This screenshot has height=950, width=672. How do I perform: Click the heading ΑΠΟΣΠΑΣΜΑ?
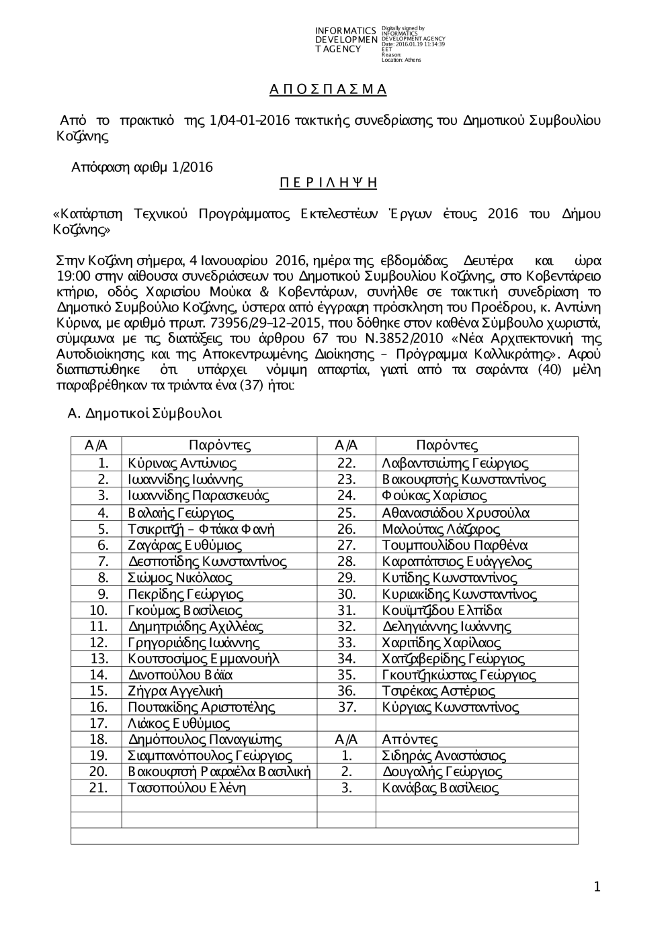click(x=328, y=89)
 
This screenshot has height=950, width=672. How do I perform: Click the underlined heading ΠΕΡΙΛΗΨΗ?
click(x=328, y=183)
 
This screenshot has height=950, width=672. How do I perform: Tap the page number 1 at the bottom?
click(x=597, y=888)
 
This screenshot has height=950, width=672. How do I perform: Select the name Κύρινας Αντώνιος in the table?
click(x=182, y=463)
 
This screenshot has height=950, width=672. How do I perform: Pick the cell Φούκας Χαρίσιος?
click(x=434, y=496)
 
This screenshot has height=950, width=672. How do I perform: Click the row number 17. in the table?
click(x=98, y=724)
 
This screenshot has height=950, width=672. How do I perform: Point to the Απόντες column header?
click(x=410, y=740)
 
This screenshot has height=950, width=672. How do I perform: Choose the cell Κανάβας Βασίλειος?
click(x=440, y=789)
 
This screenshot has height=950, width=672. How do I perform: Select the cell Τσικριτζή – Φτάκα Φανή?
click(x=201, y=529)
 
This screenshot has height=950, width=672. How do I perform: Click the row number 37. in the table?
click(x=346, y=708)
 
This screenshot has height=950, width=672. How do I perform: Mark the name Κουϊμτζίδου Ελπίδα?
click(x=442, y=610)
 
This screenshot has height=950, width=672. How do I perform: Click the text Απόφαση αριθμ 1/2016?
click(x=142, y=167)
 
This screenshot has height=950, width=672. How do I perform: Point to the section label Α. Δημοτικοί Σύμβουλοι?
click(x=144, y=414)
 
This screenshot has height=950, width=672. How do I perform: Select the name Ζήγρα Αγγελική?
click(x=175, y=692)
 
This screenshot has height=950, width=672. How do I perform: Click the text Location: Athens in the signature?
click(x=401, y=60)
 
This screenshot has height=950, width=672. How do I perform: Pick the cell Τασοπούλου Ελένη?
click(x=187, y=789)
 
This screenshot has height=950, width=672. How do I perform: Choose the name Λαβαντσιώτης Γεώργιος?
click(x=455, y=463)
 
